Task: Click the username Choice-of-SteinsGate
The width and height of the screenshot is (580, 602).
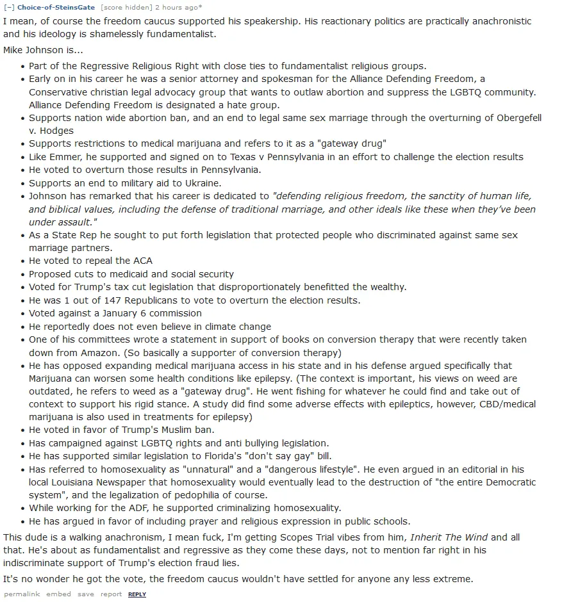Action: [x=56, y=7]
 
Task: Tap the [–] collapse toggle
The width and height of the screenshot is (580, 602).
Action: [x=9, y=7]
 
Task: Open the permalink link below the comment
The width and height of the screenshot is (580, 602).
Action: [x=21, y=594]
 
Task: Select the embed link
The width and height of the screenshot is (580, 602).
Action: [x=58, y=594]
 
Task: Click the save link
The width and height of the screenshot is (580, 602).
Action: [x=85, y=594]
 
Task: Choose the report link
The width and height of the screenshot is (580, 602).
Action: [x=111, y=594]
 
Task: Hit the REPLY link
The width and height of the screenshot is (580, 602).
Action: [x=137, y=594]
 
